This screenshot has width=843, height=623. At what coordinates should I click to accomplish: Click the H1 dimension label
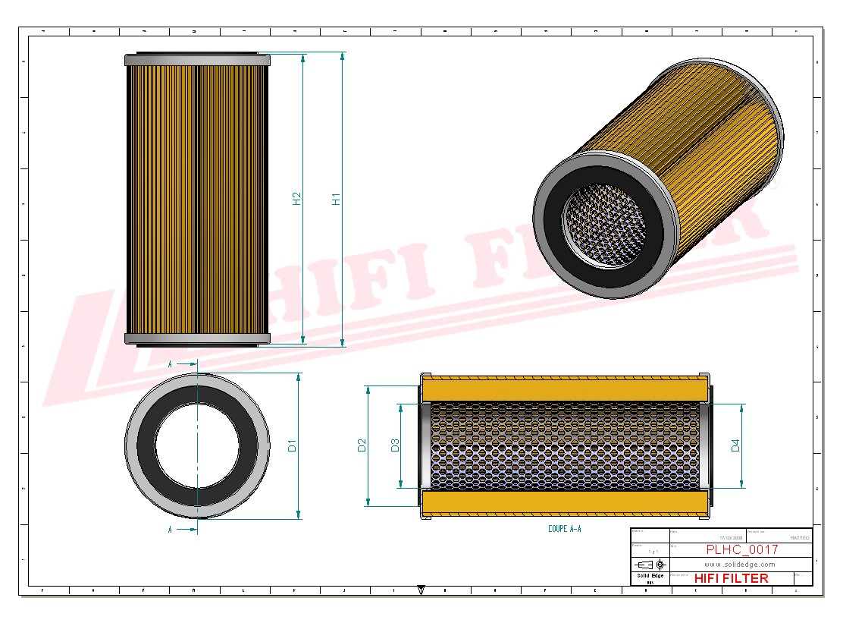point(337,199)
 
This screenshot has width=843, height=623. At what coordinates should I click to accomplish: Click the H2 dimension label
point(297,198)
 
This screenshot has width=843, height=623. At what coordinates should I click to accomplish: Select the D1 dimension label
point(293,446)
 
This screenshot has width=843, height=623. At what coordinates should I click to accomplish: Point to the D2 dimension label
point(362,445)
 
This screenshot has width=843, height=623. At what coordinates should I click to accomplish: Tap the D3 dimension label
point(395,445)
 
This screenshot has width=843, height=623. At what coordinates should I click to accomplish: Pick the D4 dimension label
point(735,445)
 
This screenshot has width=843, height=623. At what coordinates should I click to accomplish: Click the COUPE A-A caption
point(564,528)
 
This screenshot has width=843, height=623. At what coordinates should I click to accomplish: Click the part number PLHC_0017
point(741,549)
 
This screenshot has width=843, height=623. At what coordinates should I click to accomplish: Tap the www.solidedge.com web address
point(739,565)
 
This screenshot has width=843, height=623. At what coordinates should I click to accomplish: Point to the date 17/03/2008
point(731,537)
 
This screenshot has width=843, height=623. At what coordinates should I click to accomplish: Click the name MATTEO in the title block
point(799,537)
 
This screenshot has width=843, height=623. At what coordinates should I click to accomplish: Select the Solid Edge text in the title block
point(650,576)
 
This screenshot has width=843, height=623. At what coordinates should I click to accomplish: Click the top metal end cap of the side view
point(197,60)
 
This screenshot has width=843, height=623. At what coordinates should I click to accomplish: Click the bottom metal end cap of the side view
point(197,338)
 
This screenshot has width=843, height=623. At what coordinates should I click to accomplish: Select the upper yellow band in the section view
point(566,389)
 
